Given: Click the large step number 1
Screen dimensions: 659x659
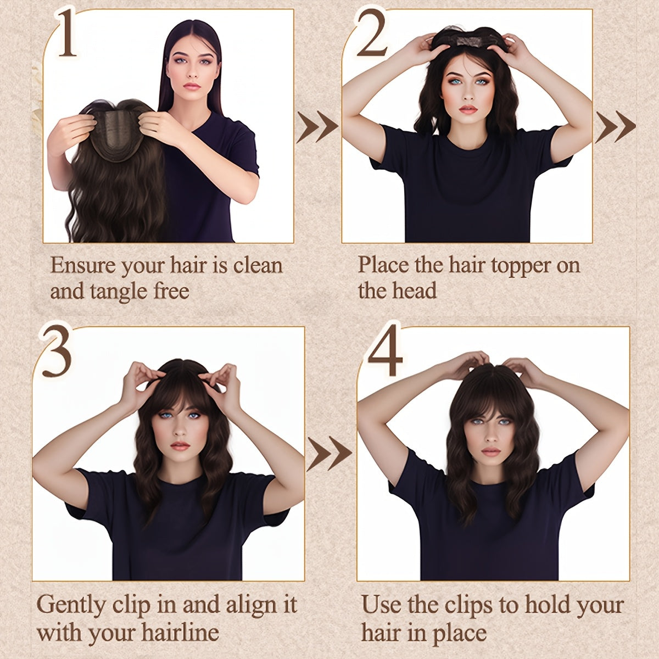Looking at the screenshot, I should pyautogui.click(x=66, y=34).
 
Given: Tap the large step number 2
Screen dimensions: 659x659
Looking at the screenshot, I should pyautogui.click(x=372, y=34).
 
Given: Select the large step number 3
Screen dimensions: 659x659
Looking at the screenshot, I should pyautogui.click(x=55, y=352).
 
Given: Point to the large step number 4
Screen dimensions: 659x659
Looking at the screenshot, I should pyautogui.click(x=385, y=352).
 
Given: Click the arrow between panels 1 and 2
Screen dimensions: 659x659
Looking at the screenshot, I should pyautogui.click(x=317, y=127).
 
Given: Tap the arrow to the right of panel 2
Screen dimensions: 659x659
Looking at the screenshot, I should pyautogui.click(x=615, y=127).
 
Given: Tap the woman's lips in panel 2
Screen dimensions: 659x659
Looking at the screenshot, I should pyautogui.click(x=468, y=109).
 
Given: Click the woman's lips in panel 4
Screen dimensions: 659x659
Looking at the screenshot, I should pyautogui.click(x=490, y=452).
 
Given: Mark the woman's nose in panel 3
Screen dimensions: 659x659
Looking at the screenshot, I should pyautogui.click(x=180, y=431).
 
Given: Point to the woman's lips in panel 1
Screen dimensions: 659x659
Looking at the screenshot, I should pyautogui.click(x=192, y=86).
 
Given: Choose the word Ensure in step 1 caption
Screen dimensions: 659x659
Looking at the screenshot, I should pyautogui.click(x=83, y=266).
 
